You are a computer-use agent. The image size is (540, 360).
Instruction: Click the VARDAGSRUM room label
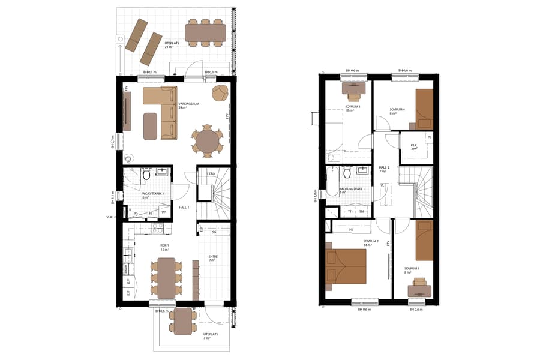[188, 104]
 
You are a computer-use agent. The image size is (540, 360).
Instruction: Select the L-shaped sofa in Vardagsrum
[162, 111]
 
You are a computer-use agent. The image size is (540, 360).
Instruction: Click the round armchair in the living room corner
[221, 93]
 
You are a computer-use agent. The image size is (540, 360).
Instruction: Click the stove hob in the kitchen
[158, 228]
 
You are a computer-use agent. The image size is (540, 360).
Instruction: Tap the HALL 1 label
[184, 208]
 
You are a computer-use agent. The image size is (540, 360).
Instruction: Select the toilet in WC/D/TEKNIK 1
[146, 176]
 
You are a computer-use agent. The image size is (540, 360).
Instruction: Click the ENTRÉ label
[212, 256]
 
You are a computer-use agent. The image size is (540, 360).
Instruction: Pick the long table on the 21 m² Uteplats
[205, 32]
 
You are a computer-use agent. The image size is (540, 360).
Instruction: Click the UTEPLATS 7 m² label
[211, 335]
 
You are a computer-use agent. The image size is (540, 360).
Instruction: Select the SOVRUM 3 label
[352, 107]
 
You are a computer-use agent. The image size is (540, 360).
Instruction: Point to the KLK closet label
[413, 145]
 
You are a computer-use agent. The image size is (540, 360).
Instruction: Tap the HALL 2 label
[384, 169]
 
